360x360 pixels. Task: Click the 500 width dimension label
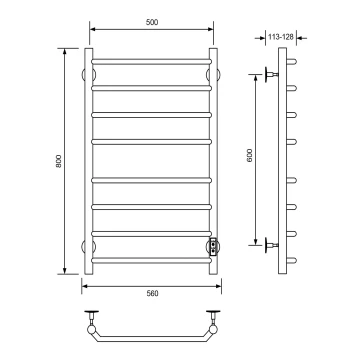click(x=152, y=22)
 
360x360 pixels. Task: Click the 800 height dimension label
click(x=59, y=161)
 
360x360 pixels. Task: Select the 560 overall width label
click(x=152, y=294)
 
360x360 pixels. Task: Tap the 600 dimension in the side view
click(x=250, y=155)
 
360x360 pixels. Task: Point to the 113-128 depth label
click(x=281, y=37)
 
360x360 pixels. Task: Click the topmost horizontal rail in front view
click(x=151, y=62)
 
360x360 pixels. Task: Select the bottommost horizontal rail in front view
click(x=151, y=260)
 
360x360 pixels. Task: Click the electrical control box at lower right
click(x=213, y=247)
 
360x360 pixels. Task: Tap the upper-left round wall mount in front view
click(x=89, y=75)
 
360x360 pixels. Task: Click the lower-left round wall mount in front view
click(x=89, y=247)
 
